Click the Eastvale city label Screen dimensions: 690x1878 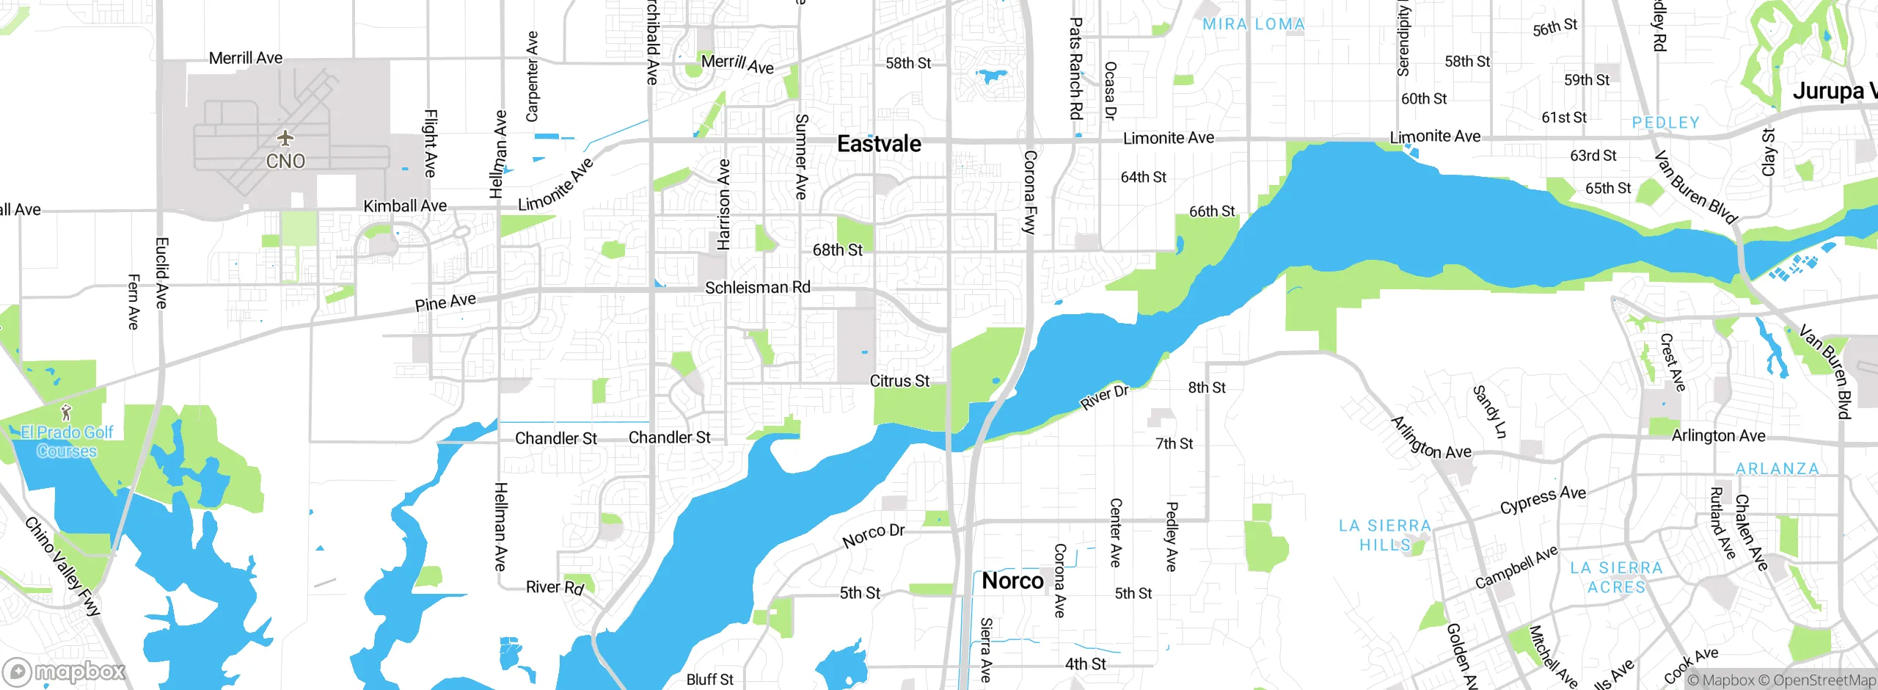(879, 144)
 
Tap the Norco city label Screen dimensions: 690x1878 (1012, 581)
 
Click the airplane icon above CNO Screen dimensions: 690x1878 (285, 138)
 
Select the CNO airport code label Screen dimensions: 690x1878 (285, 161)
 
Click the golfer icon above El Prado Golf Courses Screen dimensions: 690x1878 (66, 413)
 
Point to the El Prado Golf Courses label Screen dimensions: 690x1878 (67, 441)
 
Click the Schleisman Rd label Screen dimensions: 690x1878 (757, 288)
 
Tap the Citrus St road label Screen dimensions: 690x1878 (899, 381)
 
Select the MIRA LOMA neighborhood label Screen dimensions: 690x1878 (1254, 24)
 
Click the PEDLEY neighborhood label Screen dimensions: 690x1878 (1665, 123)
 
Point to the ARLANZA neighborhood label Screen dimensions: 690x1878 (1777, 468)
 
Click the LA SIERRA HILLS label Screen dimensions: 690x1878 (1384, 535)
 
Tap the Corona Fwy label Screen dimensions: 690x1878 (1030, 192)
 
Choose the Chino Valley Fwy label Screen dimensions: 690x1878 (62, 566)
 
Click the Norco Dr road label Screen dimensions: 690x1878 (873, 535)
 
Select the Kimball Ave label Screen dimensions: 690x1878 (405, 206)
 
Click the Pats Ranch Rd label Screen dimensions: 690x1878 (1075, 69)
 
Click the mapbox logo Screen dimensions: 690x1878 (65, 671)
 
